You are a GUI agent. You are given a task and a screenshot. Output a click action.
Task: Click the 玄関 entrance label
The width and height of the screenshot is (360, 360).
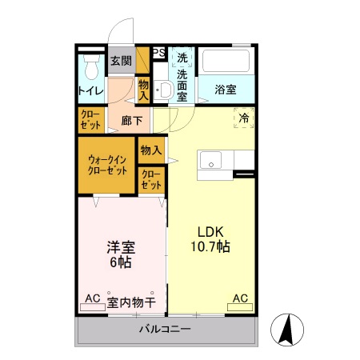click(121, 61)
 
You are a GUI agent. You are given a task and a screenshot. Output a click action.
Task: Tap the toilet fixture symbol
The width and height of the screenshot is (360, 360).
click(90, 63)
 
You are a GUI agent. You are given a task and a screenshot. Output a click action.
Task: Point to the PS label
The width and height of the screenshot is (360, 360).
click(158, 54)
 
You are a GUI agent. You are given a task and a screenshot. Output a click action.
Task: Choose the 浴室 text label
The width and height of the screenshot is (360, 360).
click(226, 90)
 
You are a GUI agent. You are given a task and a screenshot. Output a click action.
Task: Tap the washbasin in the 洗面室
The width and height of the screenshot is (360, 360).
click(164, 90)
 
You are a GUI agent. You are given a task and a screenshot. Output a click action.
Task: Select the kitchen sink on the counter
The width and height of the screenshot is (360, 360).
click(211, 160)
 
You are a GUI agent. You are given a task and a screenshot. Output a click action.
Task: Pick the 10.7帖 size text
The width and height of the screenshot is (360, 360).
click(211, 247)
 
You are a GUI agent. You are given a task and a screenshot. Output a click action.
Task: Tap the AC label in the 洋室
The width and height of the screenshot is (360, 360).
click(93, 298)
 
